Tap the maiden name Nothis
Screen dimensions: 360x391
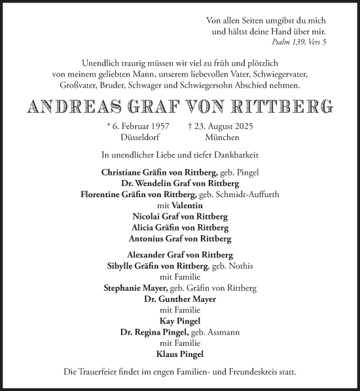tap(240, 265)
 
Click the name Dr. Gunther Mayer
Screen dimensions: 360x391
tap(180, 298)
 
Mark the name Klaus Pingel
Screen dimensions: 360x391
tap(180, 354)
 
